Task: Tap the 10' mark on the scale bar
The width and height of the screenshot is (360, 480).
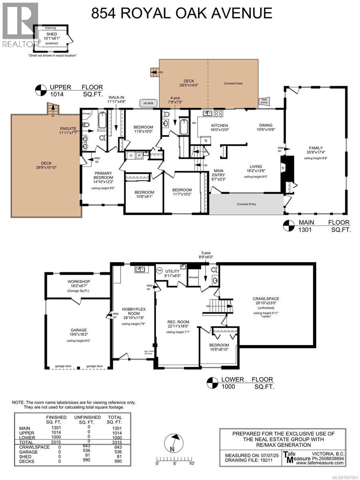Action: tap(192, 464)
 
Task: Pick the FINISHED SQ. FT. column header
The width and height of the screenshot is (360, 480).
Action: tap(56, 419)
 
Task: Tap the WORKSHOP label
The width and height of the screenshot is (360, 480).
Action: tap(79, 281)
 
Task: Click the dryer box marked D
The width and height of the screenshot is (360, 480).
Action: tap(131, 155)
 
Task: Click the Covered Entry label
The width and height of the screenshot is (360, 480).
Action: tap(246, 204)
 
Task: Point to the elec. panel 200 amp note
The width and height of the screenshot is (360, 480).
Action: tap(146, 352)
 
